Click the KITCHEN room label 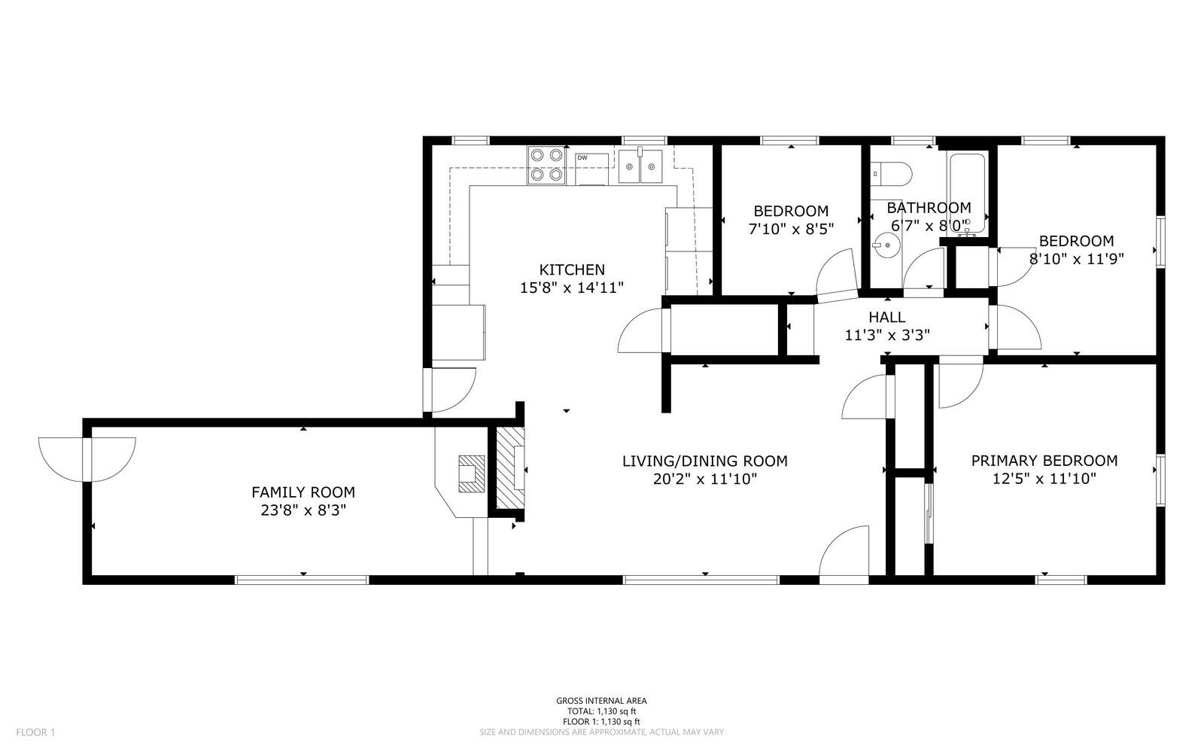click(572, 269)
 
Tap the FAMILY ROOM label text click(303, 492)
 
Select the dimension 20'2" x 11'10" click(704, 479)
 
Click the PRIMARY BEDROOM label click(1044, 461)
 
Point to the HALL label click(887, 317)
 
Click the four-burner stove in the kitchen click(546, 165)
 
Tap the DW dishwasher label click(582, 158)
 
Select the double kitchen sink click(640, 166)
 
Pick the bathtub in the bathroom click(968, 192)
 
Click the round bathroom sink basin click(888, 244)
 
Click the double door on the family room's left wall click(87, 459)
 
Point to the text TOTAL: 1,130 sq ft click(601, 711)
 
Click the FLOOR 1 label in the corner click(35, 732)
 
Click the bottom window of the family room click(302, 580)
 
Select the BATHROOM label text click(929, 208)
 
